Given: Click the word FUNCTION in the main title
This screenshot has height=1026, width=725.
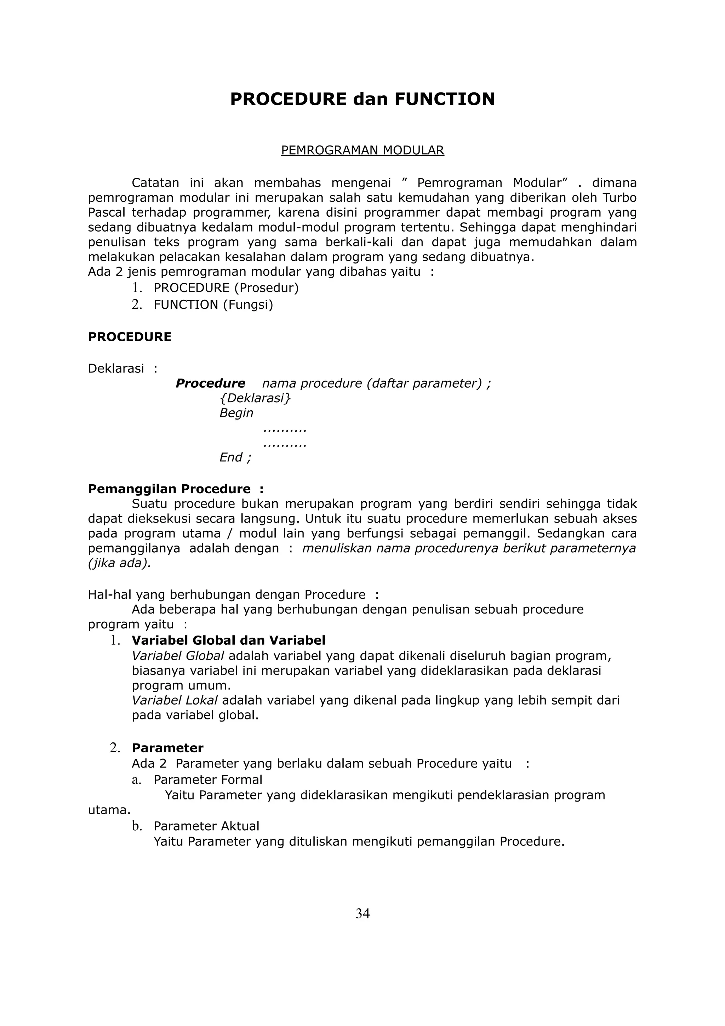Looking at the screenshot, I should tap(445, 99).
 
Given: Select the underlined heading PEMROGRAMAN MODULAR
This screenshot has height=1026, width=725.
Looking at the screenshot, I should tap(362, 150).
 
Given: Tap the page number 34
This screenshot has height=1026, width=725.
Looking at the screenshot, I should tap(362, 914).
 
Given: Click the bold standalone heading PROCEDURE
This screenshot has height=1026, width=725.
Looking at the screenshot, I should tap(130, 337).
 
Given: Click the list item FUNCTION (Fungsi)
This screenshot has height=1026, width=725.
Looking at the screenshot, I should tap(213, 305).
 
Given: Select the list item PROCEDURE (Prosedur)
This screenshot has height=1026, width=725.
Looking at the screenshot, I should tap(226, 288).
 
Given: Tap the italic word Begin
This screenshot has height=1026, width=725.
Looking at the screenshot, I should tap(236, 413).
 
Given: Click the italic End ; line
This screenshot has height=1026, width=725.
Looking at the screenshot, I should tap(235, 457).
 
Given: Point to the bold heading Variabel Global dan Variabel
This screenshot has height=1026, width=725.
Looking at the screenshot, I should tap(228, 640).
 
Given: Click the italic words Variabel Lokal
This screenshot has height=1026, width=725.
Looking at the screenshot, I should tap(174, 700).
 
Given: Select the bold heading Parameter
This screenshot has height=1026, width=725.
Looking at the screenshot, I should tap(167, 748).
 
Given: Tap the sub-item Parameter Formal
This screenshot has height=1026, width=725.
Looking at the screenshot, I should tap(208, 780).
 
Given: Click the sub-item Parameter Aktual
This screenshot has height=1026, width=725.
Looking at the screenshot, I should tap(206, 826).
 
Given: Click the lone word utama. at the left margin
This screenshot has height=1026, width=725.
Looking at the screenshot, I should tap(109, 810).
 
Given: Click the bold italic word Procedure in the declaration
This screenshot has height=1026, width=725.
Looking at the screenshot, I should tap(210, 383).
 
